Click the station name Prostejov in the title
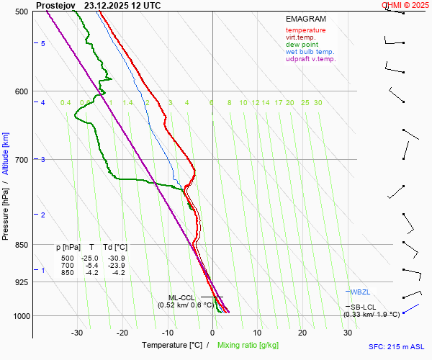point(55,5)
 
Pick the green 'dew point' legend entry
point(302,45)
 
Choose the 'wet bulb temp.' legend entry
point(310,52)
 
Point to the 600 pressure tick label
point(20,91)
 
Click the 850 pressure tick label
point(20,245)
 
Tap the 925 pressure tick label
point(20,282)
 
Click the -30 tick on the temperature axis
point(77,333)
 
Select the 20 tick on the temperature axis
point(303,333)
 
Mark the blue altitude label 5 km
point(43,44)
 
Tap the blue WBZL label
point(360,292)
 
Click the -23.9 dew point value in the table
point(116,265)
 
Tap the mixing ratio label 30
point(318,103)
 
